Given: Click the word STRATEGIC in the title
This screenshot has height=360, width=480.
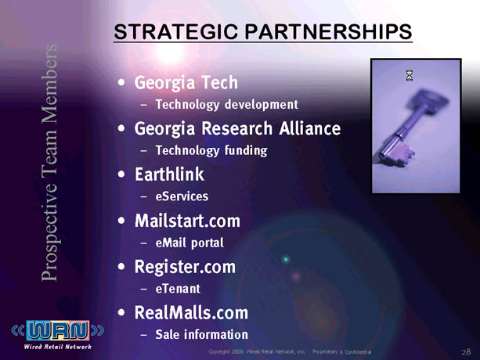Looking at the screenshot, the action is coord(176,31).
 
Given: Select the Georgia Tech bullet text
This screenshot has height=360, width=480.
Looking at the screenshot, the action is coord(186,83).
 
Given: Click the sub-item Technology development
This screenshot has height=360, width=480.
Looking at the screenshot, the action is coord(227,105).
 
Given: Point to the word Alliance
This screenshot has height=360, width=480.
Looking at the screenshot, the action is coord(310,128).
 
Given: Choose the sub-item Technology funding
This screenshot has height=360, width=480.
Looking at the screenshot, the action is coord(211,150).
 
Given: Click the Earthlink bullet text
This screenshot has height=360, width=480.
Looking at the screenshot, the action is coord(169,175).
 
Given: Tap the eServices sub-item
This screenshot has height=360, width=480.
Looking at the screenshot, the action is coord(182,196).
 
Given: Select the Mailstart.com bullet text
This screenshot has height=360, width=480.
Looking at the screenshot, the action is coord(187,221).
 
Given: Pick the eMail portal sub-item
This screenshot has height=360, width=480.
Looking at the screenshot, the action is coord(189,243).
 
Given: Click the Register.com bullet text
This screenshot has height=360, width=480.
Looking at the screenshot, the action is coord(185,267).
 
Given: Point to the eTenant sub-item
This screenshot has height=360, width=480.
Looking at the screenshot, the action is coord(178,289).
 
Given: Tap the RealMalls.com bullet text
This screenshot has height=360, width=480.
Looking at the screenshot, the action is coord(191,312).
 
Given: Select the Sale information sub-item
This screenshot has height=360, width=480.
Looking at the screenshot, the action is coord(202,334).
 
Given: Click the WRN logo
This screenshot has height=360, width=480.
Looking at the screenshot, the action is coord(58,330).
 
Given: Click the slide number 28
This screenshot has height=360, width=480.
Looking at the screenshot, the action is coord(466,352).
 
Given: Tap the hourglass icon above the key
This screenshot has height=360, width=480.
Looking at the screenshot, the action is coord(410,75).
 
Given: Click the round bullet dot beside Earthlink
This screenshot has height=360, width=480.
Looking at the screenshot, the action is coord(121,175).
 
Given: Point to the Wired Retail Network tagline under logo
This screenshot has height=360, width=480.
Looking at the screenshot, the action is coord(57,347).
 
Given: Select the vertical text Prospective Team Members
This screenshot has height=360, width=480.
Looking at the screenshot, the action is coord(49,163).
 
